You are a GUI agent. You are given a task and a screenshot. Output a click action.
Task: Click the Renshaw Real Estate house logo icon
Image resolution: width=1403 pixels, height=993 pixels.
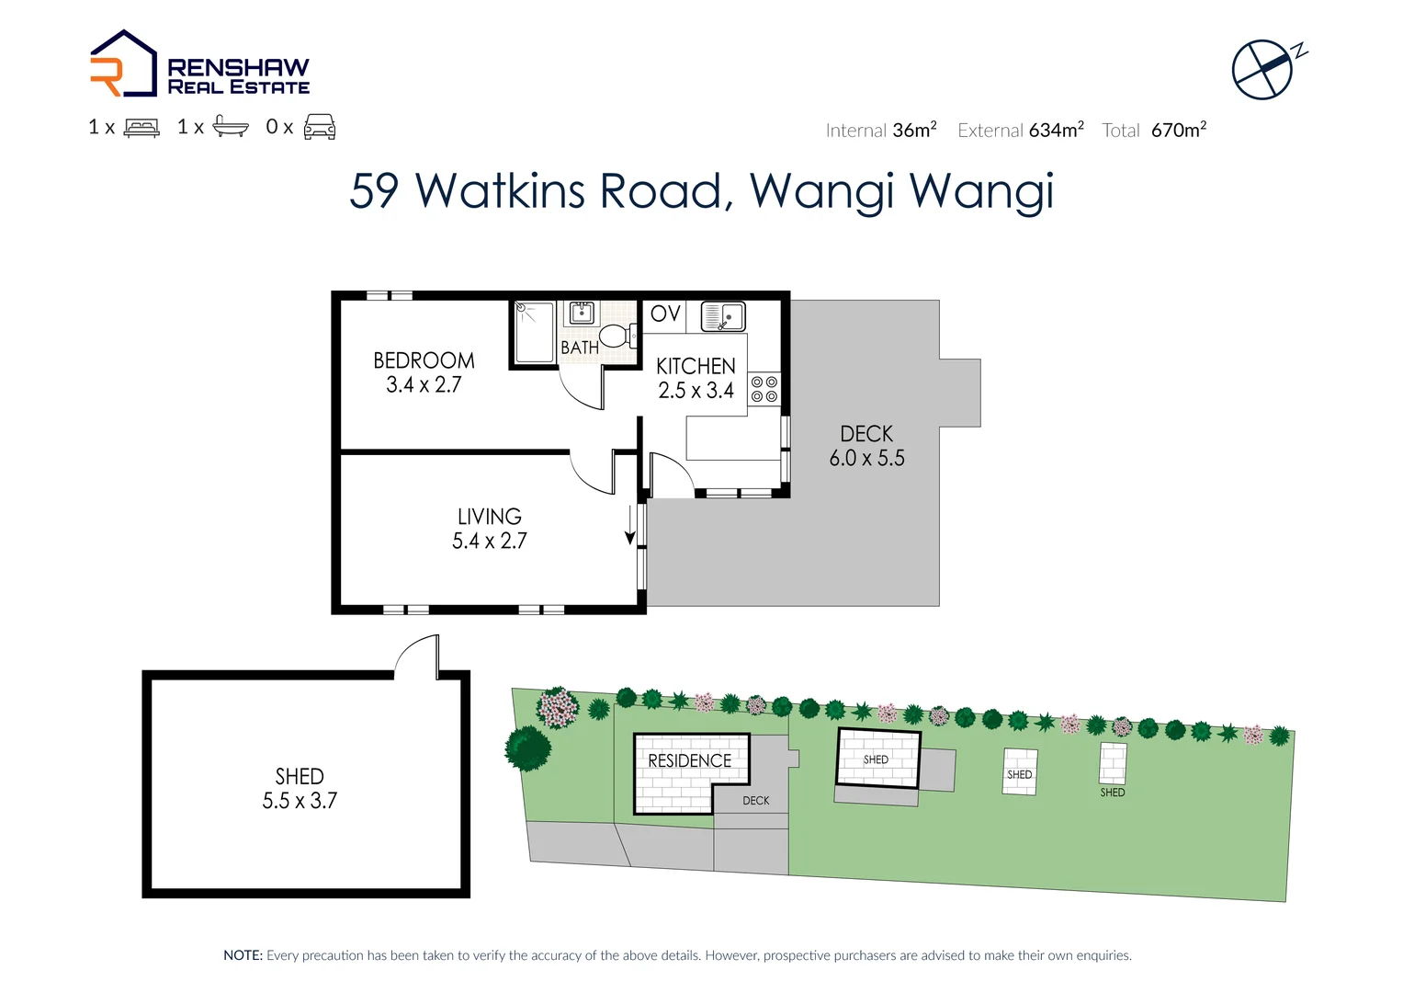[x=123, y=64]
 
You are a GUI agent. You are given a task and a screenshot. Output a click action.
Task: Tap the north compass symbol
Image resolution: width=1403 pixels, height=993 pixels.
[x=1264, y=68]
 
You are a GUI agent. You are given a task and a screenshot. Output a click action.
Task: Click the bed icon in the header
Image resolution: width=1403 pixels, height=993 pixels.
[x=141, y=128]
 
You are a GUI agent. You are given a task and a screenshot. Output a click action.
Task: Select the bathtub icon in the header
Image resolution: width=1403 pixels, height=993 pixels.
[x=231, y=127]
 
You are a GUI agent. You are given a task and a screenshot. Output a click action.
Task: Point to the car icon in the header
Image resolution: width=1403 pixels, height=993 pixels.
[x=320, y=127]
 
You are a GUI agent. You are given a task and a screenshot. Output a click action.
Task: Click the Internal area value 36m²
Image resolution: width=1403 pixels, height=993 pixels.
[x=914, y=131]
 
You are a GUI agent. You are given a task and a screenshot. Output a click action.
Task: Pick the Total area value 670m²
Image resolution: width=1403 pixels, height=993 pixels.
[x=1178, y=131]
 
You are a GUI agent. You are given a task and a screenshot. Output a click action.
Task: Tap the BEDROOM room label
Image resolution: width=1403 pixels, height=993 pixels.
[x=424, y=360]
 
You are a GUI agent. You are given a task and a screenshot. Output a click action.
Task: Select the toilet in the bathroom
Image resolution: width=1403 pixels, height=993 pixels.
[x=617, y=336]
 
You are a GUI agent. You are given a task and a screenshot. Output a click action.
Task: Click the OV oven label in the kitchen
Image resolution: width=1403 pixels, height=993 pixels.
[x=665, y=314]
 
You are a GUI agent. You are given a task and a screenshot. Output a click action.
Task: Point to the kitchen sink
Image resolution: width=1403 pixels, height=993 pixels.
[x=723, y=316]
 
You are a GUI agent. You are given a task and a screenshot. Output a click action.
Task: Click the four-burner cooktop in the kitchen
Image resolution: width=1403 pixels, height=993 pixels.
[x=764, y=389]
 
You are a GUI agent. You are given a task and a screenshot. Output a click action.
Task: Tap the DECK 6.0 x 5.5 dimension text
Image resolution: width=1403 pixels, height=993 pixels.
[x=866, y=458]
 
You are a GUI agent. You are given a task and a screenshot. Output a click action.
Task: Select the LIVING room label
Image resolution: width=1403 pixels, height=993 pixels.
[x=489, y=517]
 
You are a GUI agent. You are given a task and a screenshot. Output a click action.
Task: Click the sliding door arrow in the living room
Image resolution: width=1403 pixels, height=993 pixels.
[x=630, y=525]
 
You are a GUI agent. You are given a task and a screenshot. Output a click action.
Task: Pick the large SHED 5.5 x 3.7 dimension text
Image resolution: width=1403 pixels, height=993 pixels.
[x=300, y=801]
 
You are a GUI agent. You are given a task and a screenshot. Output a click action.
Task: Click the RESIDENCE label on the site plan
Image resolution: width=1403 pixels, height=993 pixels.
[x=689, y=761]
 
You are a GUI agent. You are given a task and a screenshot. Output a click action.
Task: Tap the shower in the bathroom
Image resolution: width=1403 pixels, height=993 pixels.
[x=534, y=331]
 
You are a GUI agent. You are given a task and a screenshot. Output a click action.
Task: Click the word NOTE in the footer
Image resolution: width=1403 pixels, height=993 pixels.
[x=243, y=956]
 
